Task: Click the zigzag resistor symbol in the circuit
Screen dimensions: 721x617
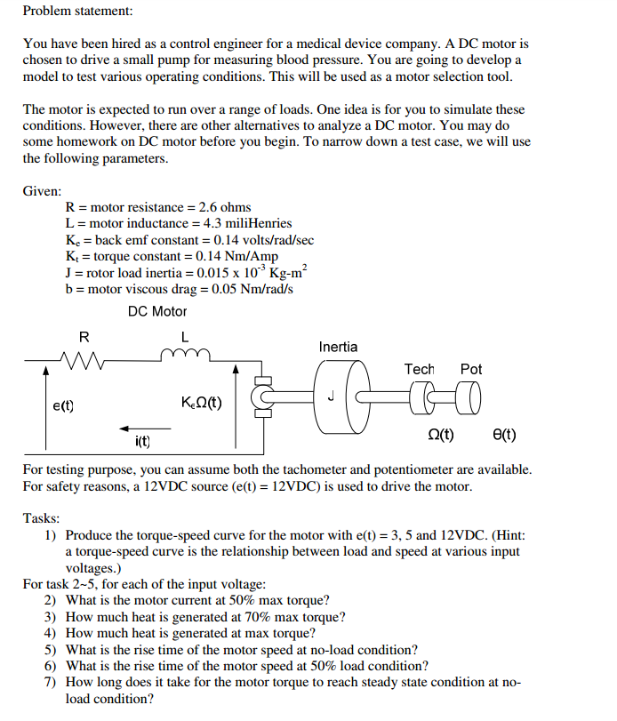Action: (x=84, y=360)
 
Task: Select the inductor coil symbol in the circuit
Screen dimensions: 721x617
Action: (x=185, y=356)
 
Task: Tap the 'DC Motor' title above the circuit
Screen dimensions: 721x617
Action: (x=157, y=311)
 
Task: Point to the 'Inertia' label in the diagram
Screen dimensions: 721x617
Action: (x=338, y=347)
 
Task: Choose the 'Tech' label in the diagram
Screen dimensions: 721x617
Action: (x=419, y=368)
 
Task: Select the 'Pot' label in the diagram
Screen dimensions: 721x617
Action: (x=471, y=368)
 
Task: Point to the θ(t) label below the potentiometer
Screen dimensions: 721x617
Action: (x=503, y=435)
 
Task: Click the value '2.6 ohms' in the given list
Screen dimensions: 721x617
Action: (x=224, y=207)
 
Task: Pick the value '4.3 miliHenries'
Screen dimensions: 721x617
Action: (x=242, y=223)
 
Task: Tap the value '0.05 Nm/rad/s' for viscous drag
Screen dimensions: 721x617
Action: (x=247, y=290)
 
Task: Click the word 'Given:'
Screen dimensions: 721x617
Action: (x=42, y=191)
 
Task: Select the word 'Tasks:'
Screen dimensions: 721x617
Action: (x=42, y=517)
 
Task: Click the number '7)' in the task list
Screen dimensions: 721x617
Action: (x=51, y=682)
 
